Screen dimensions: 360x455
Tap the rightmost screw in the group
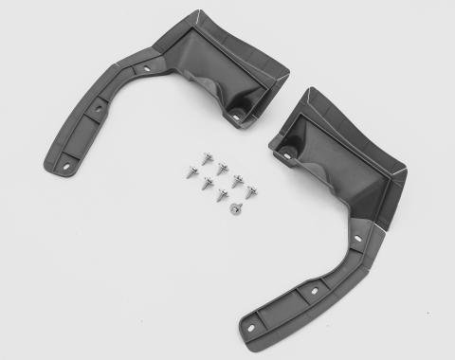pyautogui.click(x=251, y=191)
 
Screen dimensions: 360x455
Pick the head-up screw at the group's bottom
pyautogui.click(x=236, y=207)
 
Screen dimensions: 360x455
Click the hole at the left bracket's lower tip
pyautogui.click(x=67, y=166)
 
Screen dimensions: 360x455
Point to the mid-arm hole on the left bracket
pyautogui.click(x=98, y=109)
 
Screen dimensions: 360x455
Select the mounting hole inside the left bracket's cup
pyautogui.click(x=236, y=117)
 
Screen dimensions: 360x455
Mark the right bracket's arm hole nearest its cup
pyautogui.click(x=357, y=238)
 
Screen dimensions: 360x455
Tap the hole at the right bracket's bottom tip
pyautogui.click(x=251, y=329)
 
